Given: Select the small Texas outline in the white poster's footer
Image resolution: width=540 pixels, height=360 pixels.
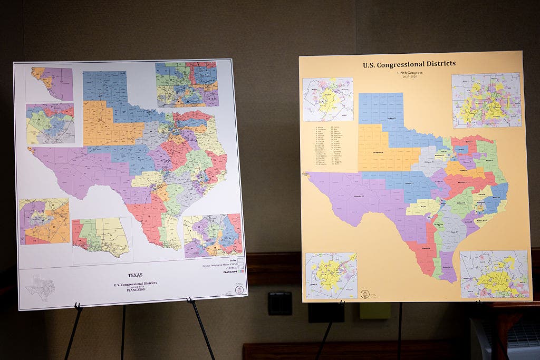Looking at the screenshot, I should tap(40, 287).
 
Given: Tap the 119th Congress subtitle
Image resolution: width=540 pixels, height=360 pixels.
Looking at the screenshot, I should tap(409, 73).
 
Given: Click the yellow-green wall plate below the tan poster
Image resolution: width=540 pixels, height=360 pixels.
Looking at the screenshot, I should tap(375, 311).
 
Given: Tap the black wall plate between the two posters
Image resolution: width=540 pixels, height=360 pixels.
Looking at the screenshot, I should tap(279, 304).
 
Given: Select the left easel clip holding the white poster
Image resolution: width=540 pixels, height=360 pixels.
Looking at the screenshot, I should tap(78, 306).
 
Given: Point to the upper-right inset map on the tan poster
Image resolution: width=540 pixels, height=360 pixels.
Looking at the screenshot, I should tap(486, 100).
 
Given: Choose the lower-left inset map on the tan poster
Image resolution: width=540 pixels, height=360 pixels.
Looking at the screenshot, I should tap(331, 275).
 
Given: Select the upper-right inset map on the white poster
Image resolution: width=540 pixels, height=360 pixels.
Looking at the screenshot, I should tap(187, 84).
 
